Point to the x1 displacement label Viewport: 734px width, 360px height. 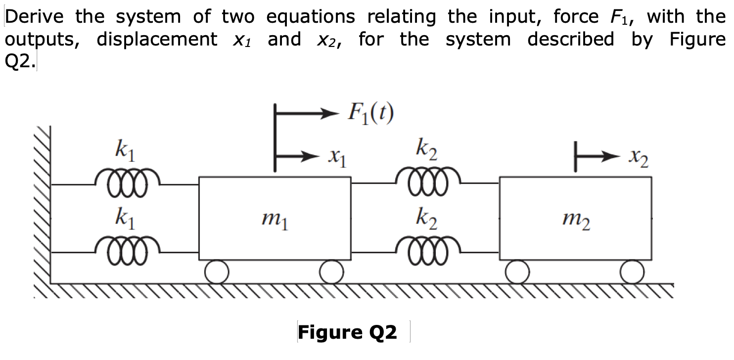(337, 160)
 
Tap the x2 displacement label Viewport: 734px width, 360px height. (638, 160)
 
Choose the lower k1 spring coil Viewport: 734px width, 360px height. (128, 247)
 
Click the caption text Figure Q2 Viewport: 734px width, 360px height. (347, 332)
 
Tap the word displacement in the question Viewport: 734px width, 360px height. (157, 39)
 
